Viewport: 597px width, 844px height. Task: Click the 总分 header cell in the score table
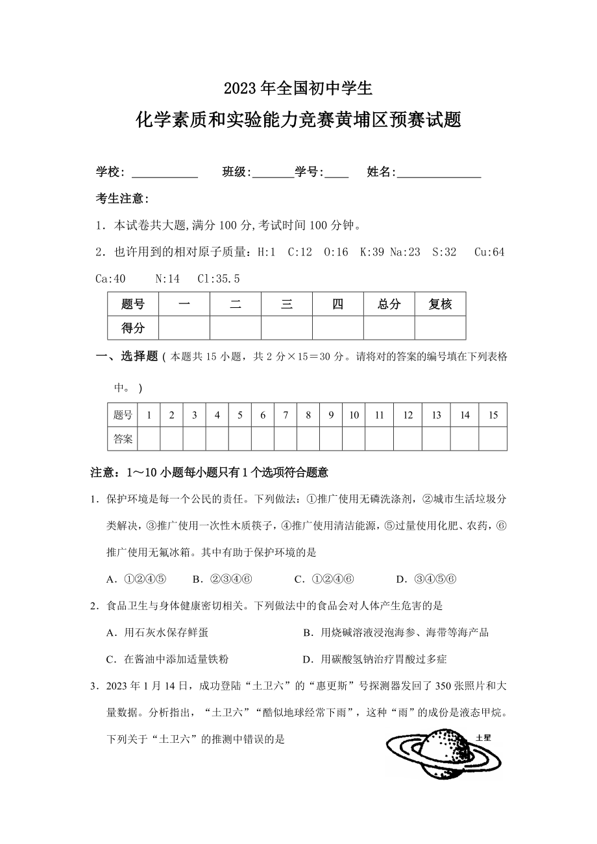[389, 304]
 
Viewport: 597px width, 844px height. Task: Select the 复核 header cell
[440, 304]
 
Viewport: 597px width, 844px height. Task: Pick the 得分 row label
[133, 328]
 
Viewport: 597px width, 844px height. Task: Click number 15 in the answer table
[493, 416]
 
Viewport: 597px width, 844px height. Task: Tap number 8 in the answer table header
[308, 416]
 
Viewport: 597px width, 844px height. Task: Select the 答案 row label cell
[123, 439]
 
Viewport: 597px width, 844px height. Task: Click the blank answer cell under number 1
[149, 439]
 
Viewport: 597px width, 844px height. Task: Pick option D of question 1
[427, 579]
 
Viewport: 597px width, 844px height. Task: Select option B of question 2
[395, 633]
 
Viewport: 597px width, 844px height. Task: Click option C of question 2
[167, 659]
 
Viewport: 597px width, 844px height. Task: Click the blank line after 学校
[165, 172]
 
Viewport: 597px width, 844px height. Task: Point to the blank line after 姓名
[439, 172]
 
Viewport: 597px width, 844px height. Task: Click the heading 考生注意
[123, 198]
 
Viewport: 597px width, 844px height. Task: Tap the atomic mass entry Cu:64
[489, 252]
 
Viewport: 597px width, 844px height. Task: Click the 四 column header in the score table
[337, 304]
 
